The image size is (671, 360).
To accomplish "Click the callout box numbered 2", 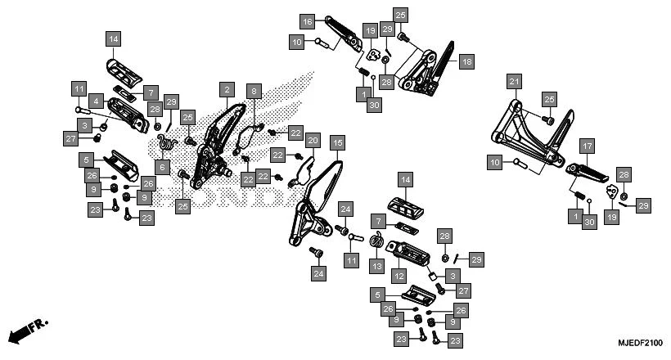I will click(x=226, y=89).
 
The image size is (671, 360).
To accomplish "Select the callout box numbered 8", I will click(x=254, y=92).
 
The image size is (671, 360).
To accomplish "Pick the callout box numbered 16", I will click(x=307, y=21).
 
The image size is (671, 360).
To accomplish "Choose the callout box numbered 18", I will click(x=466, y=61).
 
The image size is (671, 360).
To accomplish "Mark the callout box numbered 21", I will click(x=513, y=82).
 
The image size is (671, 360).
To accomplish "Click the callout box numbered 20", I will click(x=312, y=142).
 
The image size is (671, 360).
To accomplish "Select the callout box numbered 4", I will click(x=96, y=102).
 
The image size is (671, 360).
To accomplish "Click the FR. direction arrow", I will click(x=27, y=331).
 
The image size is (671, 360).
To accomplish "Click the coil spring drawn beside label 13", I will click(x=378, y=243).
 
